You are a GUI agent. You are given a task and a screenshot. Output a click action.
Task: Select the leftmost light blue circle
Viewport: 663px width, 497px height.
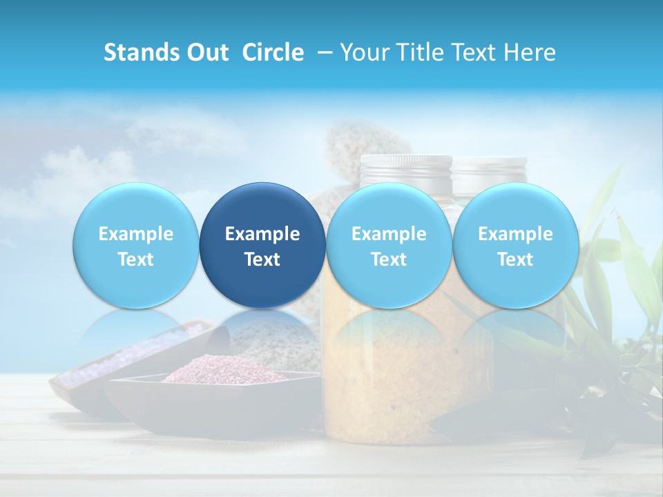tap(135, 245)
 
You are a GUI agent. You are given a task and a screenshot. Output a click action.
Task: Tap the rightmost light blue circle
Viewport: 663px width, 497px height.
tap(515, 245)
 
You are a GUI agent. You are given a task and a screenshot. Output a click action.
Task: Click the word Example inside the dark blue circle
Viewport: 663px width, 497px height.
tap(262, 234)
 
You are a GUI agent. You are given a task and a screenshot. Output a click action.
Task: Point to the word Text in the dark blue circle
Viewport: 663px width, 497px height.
tap(262, 260)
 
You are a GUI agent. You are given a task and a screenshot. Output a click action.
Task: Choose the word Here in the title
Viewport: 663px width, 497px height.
tap(532, 52)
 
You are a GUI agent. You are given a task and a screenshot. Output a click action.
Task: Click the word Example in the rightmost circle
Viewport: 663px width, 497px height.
tap(515, 234)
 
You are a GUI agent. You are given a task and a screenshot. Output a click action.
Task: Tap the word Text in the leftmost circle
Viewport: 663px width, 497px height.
tap(136, 260)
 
